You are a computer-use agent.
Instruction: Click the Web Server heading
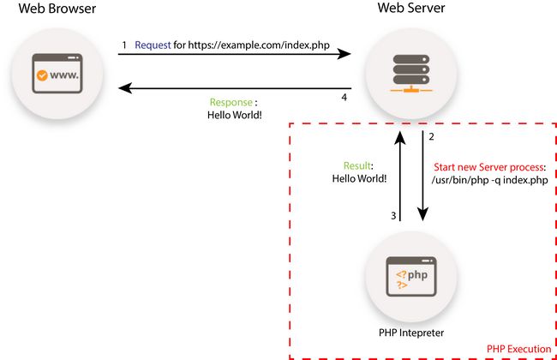pos(410,9)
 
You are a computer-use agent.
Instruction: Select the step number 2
pos(431,137)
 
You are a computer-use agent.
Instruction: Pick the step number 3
pos(393,216)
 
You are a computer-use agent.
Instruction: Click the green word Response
pos(231,102)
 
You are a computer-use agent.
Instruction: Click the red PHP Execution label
pos(518,349)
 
